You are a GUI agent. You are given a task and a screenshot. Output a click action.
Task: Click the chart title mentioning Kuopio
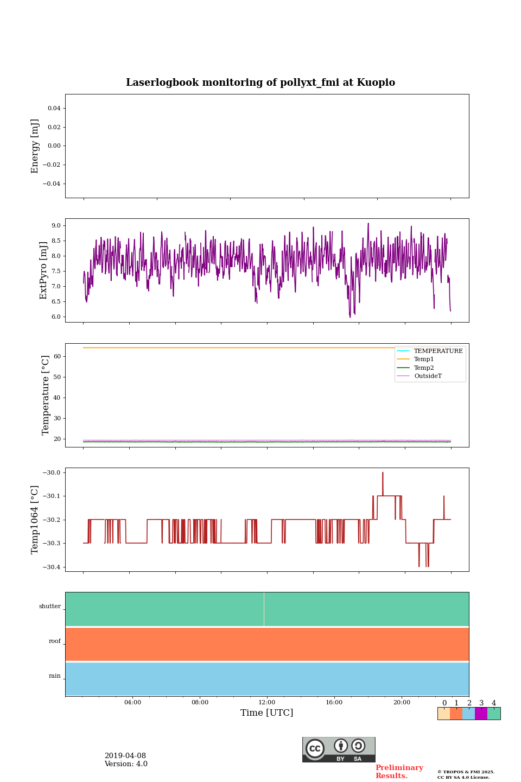pyautogui.click(x=260, y=83)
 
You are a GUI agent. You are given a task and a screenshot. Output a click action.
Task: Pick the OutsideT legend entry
pyautogui.click(x=427, y=376)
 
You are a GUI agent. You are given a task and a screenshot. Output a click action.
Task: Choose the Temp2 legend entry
pyautogui.click(x=423, y=368)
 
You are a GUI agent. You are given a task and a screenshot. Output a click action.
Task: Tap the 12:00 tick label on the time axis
pyautogui.click(x=267, y=703)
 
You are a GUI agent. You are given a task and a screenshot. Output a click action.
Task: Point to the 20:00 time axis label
pyautogui.click(x=402, y=703)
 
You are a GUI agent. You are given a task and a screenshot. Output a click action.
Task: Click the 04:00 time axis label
pyautogui.click(x=132, y=703)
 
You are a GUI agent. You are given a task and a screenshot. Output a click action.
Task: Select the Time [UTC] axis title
pyautogui.click(x=267, y=713)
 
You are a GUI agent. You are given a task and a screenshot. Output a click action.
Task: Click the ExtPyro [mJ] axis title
pyautogui.click(x=44, y=270)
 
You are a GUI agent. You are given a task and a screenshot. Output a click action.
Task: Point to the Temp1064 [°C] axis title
pyautogui.click(x=35, y=520)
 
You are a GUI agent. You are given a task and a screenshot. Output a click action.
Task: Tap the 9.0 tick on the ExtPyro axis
pyautogui.click(x=56, y=225)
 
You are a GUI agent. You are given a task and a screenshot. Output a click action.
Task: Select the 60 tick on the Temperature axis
pyautogui.click(x=57, y=357)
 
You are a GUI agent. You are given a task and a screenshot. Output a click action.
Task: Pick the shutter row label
pyautogui.click(x=50, y=607)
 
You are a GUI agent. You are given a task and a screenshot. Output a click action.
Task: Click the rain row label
pyautogui.click(x=55, y=676)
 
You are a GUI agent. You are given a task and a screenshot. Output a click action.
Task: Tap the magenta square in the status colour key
pyautogui.click(x=481, y=714)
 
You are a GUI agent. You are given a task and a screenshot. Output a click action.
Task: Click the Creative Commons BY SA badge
pyautogui.click(x=339, y=749)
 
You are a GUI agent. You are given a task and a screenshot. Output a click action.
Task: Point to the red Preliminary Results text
pyautogui.click(x=399, y=772)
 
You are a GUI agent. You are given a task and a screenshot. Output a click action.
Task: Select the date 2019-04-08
pyautogui.click(x=125, y=756)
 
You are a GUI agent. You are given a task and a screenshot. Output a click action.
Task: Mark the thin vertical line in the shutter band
pyautogui.click(x=264, y=609)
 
